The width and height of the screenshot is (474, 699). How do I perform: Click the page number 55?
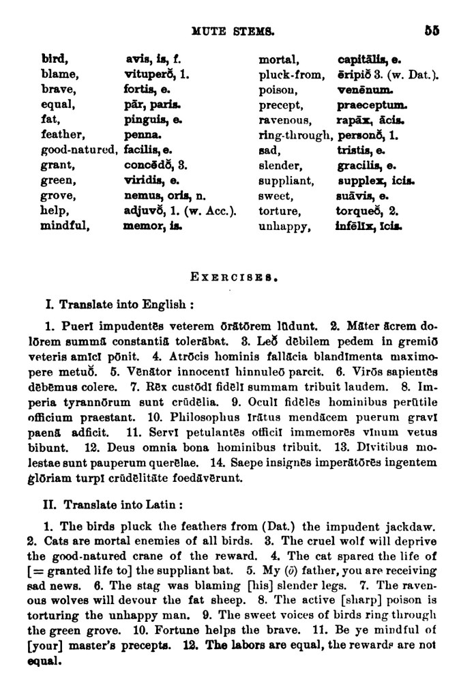click(432, 30)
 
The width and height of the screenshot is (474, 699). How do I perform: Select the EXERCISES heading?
click(234, 277)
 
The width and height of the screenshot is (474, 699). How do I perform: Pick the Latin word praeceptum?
click(372, 105)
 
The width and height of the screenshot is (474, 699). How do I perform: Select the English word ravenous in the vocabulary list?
click(284, 120)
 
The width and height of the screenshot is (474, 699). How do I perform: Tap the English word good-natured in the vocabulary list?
click(80, 150)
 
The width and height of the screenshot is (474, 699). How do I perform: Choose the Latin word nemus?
click(140, 196)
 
